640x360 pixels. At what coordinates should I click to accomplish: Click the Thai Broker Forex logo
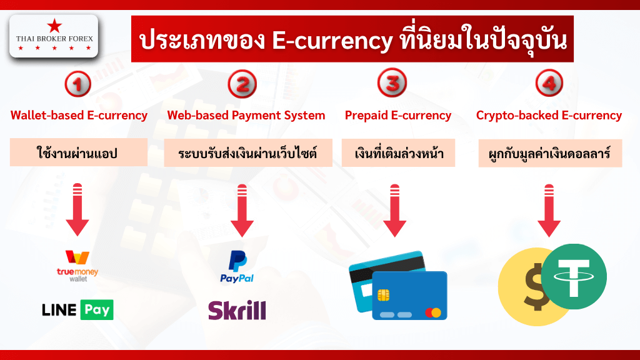[54, 36]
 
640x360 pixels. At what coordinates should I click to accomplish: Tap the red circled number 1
[77, 84]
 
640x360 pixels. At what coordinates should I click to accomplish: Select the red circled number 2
[242, 84]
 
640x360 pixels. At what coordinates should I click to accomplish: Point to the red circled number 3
[392, 83]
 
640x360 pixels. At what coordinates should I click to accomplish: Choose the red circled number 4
[549, 83]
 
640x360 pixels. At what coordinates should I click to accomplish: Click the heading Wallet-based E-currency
[79, 116]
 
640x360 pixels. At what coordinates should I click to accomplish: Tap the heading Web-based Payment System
[246, 116]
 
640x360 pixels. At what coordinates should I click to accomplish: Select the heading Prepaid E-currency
[398, 116]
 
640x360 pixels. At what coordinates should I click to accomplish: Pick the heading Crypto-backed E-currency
[549, 116]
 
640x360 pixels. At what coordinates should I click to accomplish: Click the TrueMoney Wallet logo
[77, 266]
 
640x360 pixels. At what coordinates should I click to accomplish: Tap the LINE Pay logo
[77, 310]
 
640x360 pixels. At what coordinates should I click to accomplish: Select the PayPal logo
[237, 267]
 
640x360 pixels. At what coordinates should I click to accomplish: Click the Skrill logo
[237, 310]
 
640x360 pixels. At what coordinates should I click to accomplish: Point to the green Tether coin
[574, 277]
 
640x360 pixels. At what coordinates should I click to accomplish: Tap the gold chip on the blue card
[383, 295]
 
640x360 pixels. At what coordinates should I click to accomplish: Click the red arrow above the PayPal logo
[242, 211]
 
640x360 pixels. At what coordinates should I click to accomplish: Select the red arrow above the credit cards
[395, 211]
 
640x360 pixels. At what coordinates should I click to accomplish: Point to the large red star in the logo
[54, 26]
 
